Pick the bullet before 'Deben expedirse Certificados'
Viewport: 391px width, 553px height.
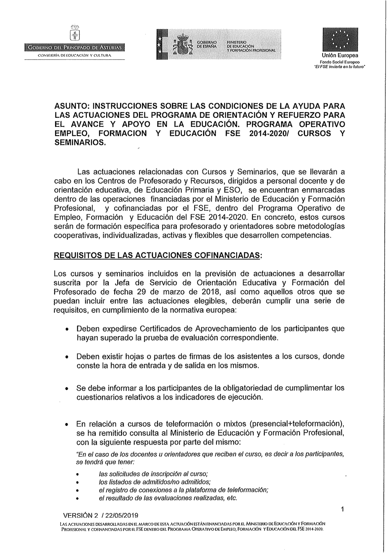(68, 329)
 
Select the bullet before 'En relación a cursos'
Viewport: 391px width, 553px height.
(68, 425)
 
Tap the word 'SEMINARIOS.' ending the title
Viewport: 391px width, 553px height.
(80, 142)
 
